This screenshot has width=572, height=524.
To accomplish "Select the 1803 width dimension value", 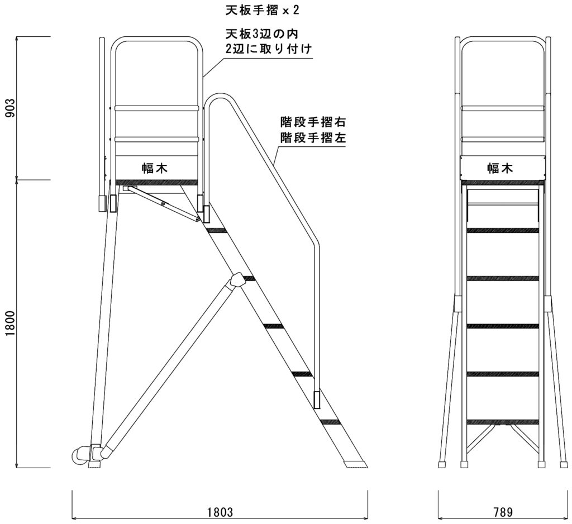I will coord(220,512).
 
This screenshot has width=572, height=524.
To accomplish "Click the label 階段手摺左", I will coord(313,137).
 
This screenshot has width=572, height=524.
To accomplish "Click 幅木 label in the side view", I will coord(155,168).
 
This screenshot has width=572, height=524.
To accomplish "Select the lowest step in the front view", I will coord(502,421).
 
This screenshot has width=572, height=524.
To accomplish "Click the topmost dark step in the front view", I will coord(502,230).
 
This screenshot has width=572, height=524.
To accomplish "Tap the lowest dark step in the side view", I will coord(331,421).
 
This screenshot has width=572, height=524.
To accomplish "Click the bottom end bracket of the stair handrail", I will coord(317,399).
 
